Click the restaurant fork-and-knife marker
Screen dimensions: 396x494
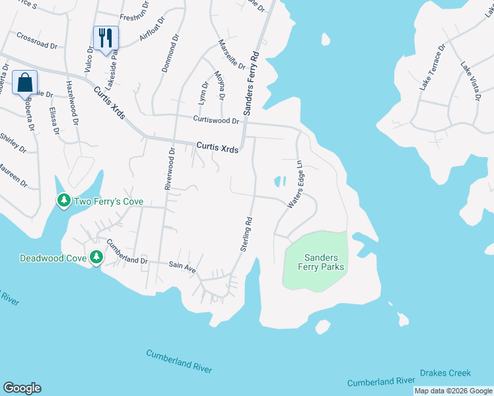[x=106, y=38]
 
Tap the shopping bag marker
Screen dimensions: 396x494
[x=25, y=82]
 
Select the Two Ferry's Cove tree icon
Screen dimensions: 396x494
[x=63, y=199]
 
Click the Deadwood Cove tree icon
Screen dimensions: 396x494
[x=96, y=257]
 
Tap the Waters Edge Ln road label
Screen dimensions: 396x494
[x=295, y=185]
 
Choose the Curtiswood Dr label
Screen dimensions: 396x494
[x=217, y=119]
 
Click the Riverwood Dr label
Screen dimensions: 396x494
[x=168, y=170]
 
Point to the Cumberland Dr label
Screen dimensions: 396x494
[x=126, y=251]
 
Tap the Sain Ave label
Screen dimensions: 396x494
[x=183, y=267]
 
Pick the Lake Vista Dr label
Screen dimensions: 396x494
[x=470, y=81]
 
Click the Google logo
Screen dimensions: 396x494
[x=22, y=388]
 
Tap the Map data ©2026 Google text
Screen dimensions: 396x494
[x=453, y=391]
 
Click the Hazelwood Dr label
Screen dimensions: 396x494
[x=73, y=104]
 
